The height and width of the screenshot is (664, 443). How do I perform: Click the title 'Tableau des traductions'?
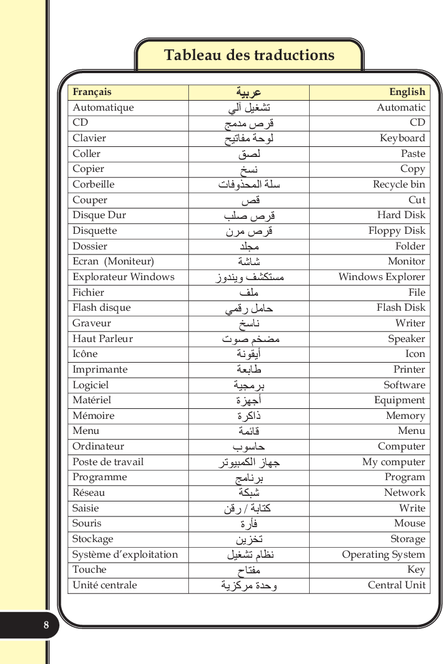point(249,55)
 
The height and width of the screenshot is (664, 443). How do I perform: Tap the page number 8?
point(46,625)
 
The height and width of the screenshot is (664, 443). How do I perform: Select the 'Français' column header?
point(92,92)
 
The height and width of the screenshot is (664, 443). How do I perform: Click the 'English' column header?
point(407,92)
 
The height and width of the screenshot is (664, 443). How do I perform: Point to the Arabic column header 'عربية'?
point(248,93)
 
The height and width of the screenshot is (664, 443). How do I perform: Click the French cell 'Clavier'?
point(89,138)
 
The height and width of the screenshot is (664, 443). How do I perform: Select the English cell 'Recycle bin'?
point(399,184)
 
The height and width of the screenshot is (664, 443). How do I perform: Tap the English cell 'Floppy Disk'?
point(397,231)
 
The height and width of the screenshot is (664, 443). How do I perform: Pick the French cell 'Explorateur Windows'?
point(123,277)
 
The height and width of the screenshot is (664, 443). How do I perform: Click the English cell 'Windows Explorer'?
point(382,277)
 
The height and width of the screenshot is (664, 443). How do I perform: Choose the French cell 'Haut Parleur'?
point(103,339)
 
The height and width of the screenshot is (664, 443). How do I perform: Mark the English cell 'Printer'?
point(409,370)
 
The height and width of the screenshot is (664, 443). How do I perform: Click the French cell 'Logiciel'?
point(91,385)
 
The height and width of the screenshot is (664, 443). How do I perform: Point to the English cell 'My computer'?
point(394,462)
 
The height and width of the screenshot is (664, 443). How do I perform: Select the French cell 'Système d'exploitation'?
point(125,555)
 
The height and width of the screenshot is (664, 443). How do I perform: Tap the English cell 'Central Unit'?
point(397,585)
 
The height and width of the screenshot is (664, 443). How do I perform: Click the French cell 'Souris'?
point(87,523)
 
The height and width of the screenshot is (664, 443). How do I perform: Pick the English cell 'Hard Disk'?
point(401,215)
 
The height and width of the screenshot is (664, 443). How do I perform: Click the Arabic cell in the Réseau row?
point(248,493)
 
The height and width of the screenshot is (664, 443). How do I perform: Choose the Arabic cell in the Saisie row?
point(248,508)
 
